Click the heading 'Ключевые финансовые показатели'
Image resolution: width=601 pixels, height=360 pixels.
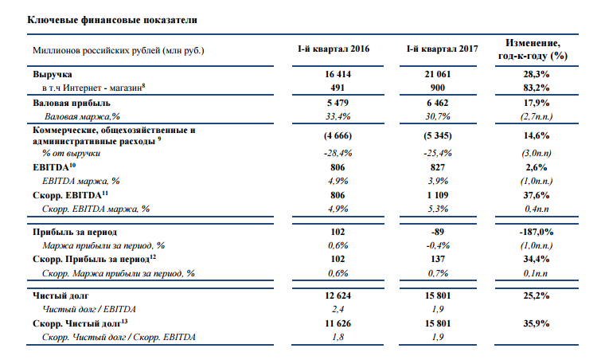pos(112,20)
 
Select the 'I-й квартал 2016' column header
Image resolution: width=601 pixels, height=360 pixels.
pos(334,49)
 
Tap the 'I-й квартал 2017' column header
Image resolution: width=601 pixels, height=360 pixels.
pos(443,49)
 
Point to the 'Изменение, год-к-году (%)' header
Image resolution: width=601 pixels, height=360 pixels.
pos(533,49)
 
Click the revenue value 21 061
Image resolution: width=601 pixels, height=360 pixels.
pos(438,74)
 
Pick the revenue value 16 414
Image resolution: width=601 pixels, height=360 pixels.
pos(338,74)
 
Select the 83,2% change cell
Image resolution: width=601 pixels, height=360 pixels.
pos(537,88)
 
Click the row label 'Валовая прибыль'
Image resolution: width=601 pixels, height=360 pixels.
pos(72,103)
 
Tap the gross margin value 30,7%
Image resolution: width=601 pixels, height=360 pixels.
pos(438,116)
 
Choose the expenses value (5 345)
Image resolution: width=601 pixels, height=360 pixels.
pos(438,135)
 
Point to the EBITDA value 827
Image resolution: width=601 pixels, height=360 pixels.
pos(438,167)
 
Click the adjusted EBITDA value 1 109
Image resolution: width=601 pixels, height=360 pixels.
pos(438,195)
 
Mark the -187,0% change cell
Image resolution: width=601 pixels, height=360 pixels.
pos(537,232)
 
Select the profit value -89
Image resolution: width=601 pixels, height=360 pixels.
pos(438,232)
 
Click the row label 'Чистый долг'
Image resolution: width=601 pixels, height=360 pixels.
pos(60,295)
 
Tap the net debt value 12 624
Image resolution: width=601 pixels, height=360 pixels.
pos(338,295)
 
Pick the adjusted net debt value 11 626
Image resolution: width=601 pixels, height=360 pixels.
pos(338,323)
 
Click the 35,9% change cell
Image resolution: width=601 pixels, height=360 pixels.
pos(537,323)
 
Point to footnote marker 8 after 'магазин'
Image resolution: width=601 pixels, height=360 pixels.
pos(144,85)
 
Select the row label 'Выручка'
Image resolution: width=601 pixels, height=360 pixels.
pos(52,74)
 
